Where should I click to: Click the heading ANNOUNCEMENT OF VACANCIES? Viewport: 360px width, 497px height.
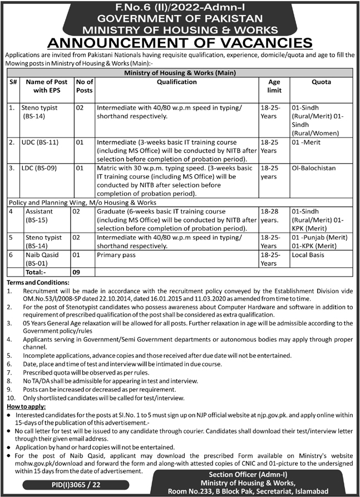(180, 43)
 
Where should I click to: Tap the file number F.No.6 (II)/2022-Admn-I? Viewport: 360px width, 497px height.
(180, 7)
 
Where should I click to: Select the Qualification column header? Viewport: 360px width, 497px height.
(176, 82)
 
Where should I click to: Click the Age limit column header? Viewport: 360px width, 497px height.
(274, 86)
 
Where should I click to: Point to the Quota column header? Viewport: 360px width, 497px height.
(322, 82)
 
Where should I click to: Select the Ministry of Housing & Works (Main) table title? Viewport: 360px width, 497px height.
(180, 72)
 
